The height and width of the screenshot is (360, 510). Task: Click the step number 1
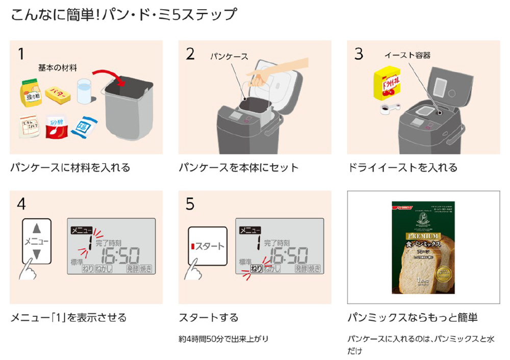[20, 54]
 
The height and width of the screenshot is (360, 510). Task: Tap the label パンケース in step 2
[229, 57]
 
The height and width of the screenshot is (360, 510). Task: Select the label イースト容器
[407, 55]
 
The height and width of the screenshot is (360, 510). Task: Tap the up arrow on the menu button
[36, 228]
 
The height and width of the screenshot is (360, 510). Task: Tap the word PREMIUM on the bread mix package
[423, 236]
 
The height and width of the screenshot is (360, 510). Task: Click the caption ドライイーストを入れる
[402, 167]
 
